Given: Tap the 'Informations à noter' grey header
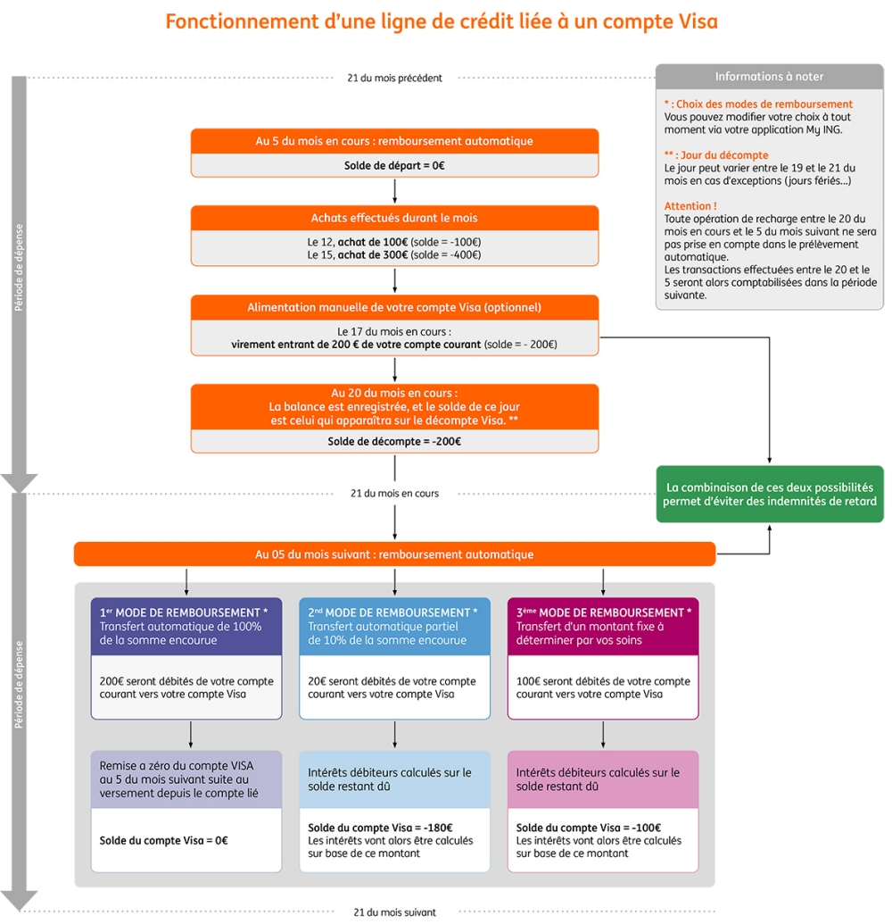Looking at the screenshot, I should tap(769, 77).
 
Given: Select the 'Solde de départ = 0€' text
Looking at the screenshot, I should tap(394, 165).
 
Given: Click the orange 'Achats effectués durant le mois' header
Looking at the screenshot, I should tap(394, 218).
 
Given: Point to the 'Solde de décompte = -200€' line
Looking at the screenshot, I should tap(394, 441).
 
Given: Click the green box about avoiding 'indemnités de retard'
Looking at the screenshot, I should tap(769, 494).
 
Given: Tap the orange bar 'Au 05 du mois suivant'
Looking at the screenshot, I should tap(394, 554).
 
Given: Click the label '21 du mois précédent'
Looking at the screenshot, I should tap(394, 78).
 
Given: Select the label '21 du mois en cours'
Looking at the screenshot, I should tap(394, 493).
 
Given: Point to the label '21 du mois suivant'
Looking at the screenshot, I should tap(394, 912).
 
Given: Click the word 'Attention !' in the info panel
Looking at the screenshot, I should tap(690, 206).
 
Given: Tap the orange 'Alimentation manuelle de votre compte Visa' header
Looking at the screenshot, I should tap(394, 307).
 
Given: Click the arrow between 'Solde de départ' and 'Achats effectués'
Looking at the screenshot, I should tap(394, 191).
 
